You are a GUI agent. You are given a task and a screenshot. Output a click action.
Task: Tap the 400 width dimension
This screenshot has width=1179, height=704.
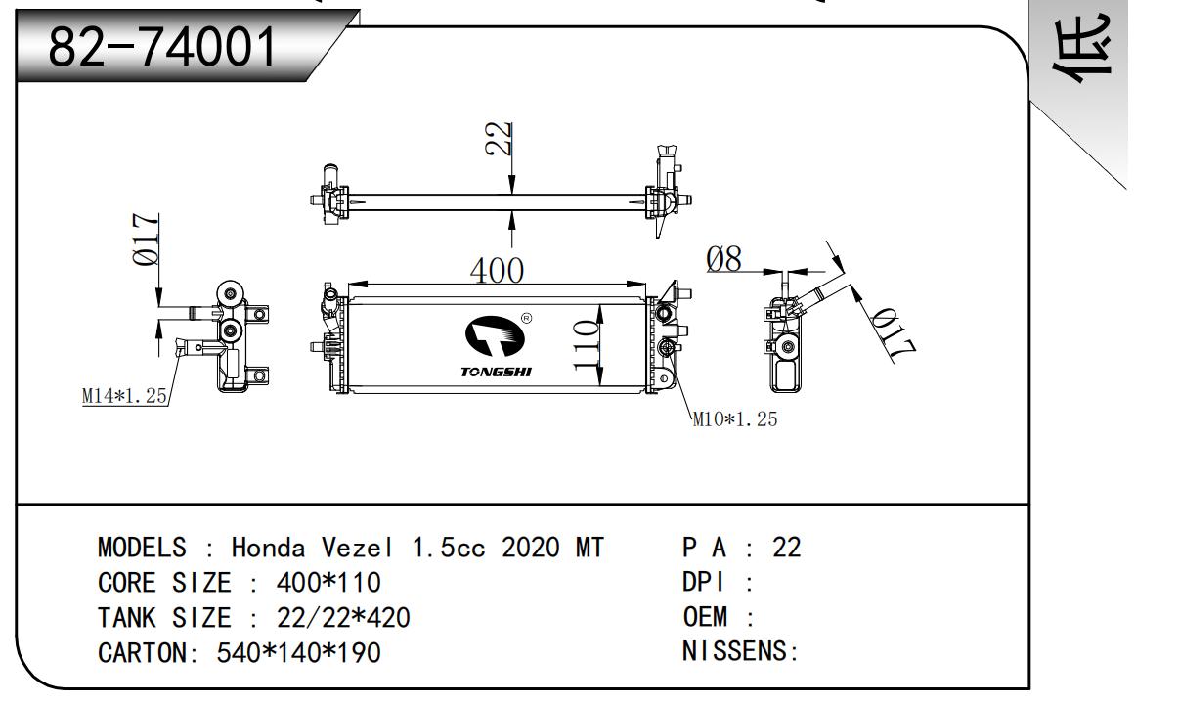[x=497, y=270]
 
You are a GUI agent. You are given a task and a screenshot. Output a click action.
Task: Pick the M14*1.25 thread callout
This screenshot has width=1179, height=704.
[x=125, y=396]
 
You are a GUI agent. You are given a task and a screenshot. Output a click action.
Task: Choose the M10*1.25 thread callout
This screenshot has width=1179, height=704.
[x=735, y=420]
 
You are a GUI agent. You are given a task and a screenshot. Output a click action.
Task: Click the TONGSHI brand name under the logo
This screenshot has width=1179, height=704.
[x=497, y=373]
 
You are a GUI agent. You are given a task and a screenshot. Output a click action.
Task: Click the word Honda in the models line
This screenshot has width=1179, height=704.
[x=269, y=548]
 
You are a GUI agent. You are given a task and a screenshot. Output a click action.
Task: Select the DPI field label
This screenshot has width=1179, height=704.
[x=704, y=583]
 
